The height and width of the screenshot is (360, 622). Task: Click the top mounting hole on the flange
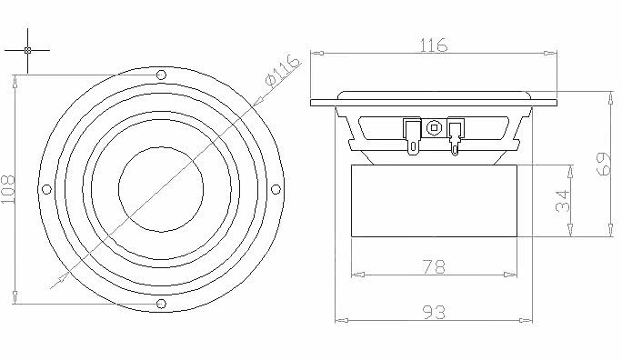click(162, 75)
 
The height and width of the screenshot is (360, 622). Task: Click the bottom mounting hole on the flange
click(161, 304)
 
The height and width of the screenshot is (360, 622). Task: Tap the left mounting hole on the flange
click(46, 189)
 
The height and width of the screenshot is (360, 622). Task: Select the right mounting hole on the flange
click(276, 189)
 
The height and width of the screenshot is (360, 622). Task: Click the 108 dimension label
click(8, 189)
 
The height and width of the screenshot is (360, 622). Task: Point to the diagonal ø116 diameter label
click(282, 70)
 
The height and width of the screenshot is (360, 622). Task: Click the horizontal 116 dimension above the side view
click(433, 45)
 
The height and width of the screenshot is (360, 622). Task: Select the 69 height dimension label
click(605, 164)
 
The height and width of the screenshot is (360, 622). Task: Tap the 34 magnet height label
click(563, 201)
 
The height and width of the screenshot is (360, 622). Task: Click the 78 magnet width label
click(434, 267)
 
